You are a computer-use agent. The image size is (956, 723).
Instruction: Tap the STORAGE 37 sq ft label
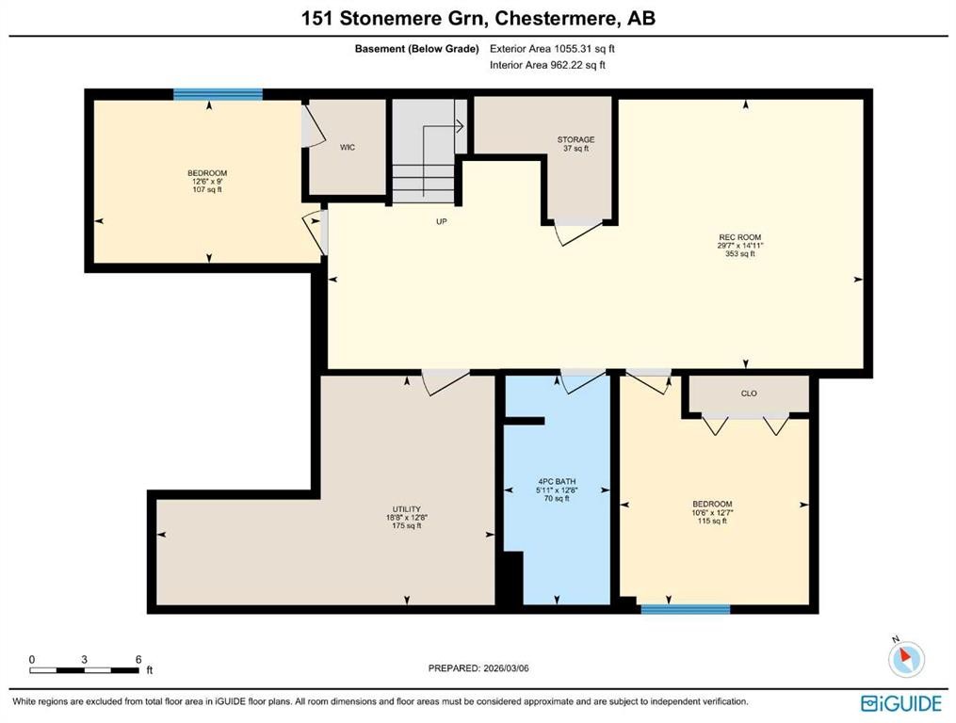tap(575, 144)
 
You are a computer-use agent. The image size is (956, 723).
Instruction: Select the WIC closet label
tap(348, 148)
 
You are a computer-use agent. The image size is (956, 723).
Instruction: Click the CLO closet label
tap(749, 394)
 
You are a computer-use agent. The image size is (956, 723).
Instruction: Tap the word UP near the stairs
tap(440, 222)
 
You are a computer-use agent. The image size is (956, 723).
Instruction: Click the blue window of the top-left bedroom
tap(218, 94)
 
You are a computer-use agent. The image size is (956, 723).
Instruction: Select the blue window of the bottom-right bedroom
tap(685, 609)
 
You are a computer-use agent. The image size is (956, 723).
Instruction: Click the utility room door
tap(445, 381)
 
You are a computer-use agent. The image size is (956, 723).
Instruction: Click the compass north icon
tap(906, 658)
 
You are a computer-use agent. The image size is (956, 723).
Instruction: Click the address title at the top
tap(478, 18)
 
